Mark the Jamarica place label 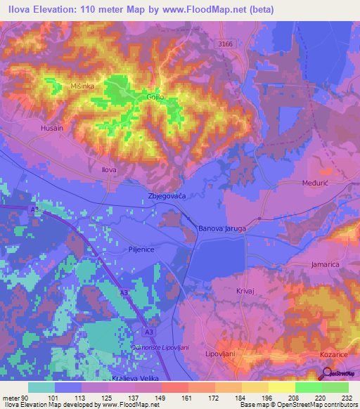click(x=325, y=264)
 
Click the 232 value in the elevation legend click(x=347, y=397)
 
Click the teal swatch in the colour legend click(x=41, y=387)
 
